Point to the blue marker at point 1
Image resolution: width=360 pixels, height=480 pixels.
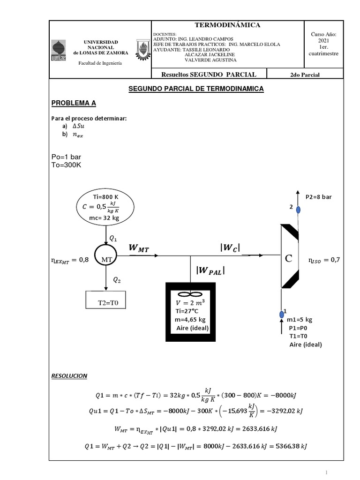point(282,314)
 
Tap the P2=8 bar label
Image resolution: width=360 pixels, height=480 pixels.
point(318,197)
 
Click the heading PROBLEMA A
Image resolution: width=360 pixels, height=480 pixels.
point(73,103)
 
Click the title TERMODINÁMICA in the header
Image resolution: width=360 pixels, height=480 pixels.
point(227,25)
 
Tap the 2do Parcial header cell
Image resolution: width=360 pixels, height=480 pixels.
point(305,74)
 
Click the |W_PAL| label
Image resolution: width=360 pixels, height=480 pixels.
point(210,270)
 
